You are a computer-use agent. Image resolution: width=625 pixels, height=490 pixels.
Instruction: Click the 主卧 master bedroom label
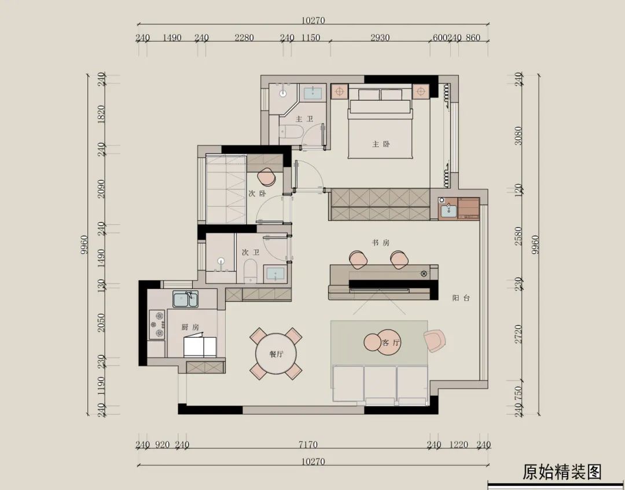pyautogui.click(x=380, y=144)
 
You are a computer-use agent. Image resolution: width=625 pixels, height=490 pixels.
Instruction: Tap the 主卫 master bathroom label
pyautogui.click(x=304, y=119)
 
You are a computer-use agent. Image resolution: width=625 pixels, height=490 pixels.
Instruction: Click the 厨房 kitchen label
pyautogui.click(x=190, y=327)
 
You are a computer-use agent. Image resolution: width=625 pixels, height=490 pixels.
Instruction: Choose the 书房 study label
pyautogui.click(x=380, y=243)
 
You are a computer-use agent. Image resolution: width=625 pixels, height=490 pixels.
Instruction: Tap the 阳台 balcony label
pyautogui.click(x=461, y=298)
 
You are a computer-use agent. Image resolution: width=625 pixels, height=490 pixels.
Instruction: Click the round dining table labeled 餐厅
pyautogui.click(x=276, y=354)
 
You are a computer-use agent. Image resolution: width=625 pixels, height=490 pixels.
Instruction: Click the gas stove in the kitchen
pyautogui.click(x=157, y=324)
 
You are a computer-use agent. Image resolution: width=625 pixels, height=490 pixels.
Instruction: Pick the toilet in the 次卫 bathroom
pyautogui.click(x=250, y=271)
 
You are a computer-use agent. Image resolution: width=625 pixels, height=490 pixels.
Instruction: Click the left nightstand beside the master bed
pyautogui.click(x=339, y=92)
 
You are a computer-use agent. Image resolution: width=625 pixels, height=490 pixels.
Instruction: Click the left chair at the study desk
pyautogui.click(x=358, y=259)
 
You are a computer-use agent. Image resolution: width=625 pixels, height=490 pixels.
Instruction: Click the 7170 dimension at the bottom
pyautogui.click(x=308, y=445)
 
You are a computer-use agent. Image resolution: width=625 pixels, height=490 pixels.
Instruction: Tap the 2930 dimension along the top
pyautogui.click(x=380, y=38)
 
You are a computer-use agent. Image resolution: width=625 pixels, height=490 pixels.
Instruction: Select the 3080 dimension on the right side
pyautogui.click(x=519, y=136)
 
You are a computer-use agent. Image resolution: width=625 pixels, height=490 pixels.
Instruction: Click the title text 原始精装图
pyautogui.click(x=562, y=471)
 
